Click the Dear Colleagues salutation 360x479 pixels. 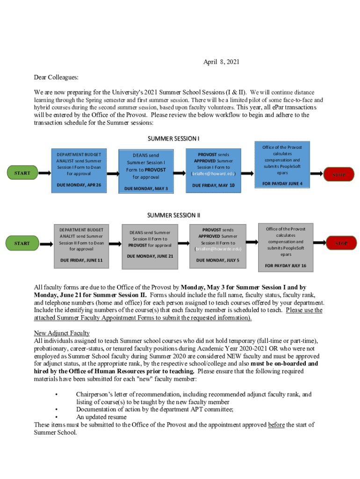(x=56, y=77)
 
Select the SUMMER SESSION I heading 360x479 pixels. (x=173, y=138)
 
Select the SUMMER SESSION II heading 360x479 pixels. (x=173, y=215)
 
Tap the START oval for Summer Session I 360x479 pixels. (x=22, y=173)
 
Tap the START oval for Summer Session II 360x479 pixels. (x=22, y=243)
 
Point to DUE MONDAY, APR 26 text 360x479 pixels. (x=79, y=185)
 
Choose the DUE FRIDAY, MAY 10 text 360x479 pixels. (x=213, y=185)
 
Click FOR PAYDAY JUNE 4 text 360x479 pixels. (x=282, y=183)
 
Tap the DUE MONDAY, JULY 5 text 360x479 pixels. (x=217, y=260)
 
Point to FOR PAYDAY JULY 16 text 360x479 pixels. (x=285, y=266)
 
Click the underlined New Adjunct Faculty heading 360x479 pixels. (x=62, y=333)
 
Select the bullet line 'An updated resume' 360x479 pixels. (x=101, y=417)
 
